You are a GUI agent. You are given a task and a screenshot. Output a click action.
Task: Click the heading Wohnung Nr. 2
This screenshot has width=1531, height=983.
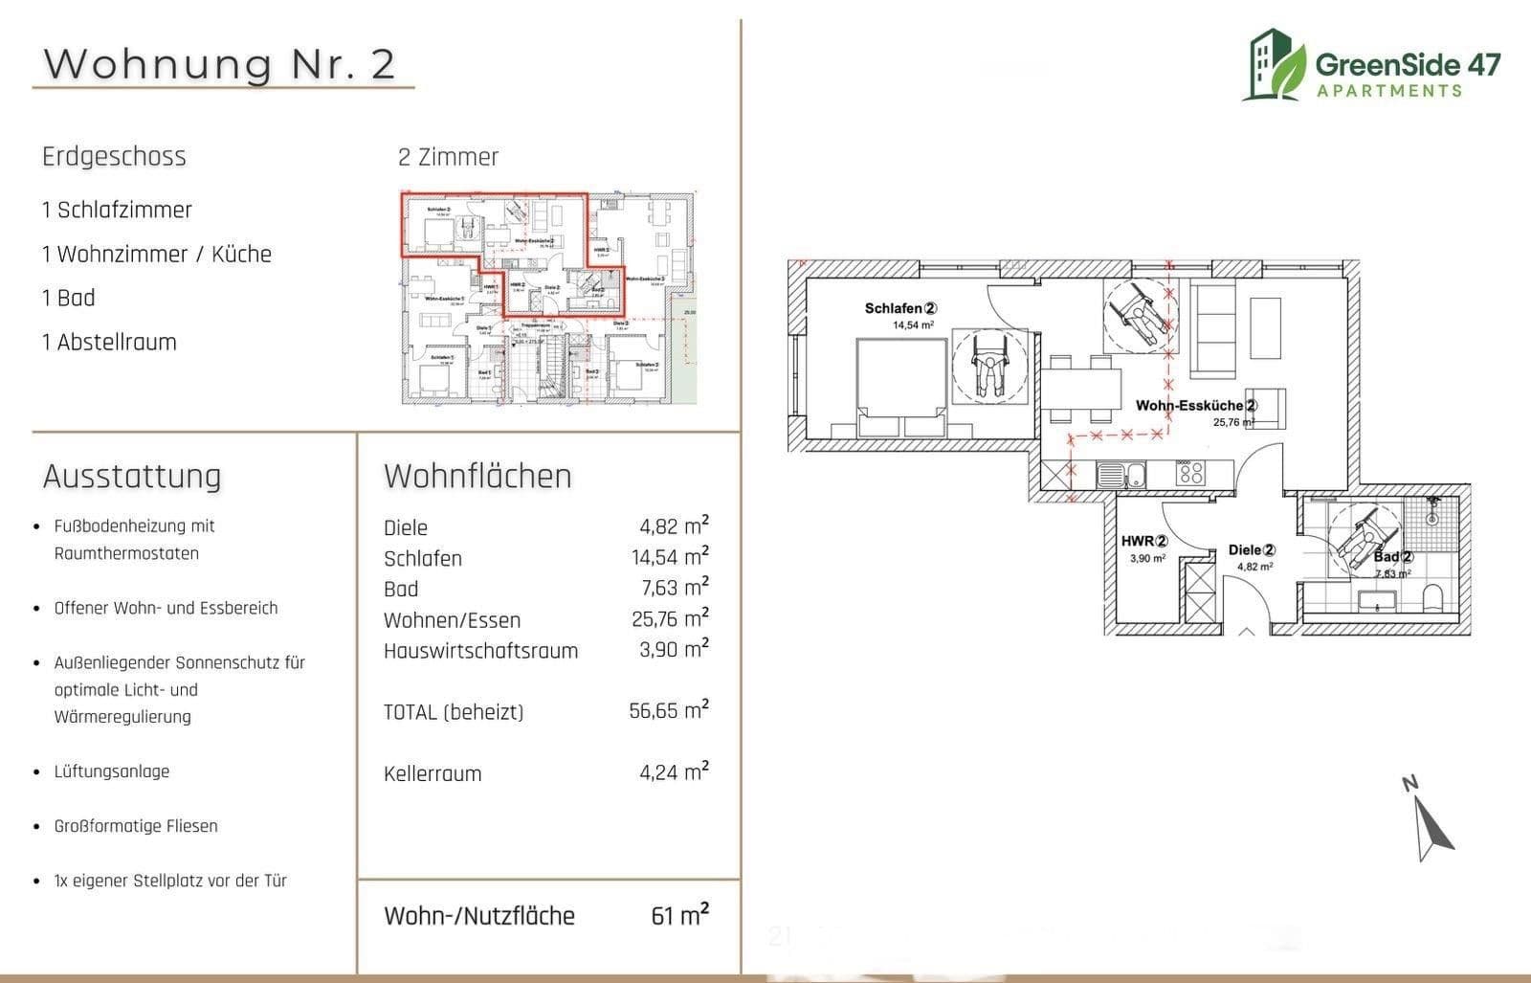click(219, 64)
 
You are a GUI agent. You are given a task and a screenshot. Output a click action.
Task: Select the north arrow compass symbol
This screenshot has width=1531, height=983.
click(1431, 822)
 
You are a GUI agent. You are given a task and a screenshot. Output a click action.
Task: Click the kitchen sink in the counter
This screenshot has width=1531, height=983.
click(1121, 474)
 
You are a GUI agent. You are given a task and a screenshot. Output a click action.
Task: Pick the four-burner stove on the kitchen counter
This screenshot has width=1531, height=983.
click(1189, 473)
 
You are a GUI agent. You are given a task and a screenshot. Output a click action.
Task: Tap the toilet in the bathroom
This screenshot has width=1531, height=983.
click(1432, 599)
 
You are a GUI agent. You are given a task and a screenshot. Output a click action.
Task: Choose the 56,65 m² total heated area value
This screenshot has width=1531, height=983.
click(669, 711)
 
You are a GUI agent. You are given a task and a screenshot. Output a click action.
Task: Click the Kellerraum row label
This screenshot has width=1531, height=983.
click(433, 773)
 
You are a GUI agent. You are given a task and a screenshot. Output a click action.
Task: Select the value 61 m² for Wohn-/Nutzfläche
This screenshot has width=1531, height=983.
click(679, 915)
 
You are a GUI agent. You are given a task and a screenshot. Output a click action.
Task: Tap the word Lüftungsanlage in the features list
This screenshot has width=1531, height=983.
click(112, 771)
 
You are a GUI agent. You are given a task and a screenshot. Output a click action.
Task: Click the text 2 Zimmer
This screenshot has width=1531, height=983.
click(448, 157)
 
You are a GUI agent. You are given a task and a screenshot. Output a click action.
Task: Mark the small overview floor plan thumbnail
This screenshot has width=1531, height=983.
click(547, 298)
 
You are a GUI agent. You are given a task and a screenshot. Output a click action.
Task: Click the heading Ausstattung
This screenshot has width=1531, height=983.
click(132, 476)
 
